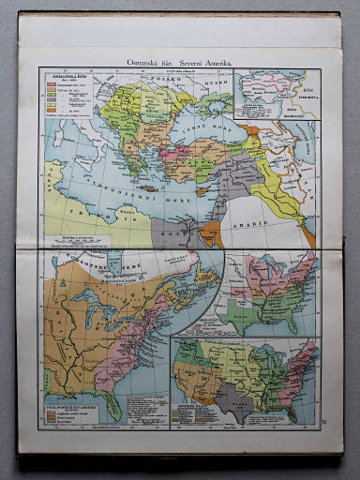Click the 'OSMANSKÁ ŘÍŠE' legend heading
pyautogui.click(x=63, y=79)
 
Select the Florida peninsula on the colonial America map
pyautogui.click(x=112, y=402)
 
